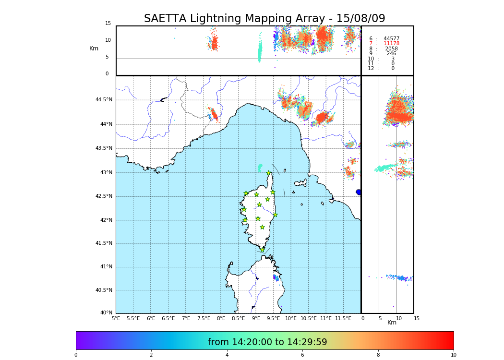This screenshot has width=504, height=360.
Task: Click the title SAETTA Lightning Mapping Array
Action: coord(264,19)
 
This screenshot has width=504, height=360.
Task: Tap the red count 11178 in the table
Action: coord(391,44)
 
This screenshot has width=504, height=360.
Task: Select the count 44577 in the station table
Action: coord(391,38)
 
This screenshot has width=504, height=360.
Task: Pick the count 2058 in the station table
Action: coord(391,49)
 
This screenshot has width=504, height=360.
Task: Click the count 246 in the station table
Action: coord(391,54)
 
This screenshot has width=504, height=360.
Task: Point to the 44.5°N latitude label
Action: coord(104,100)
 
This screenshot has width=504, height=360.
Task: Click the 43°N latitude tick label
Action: coord(106,172)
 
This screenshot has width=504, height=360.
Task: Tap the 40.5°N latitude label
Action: coord(104,290)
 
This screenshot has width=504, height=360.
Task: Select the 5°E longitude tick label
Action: coord(116,318)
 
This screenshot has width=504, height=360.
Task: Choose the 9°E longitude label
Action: coord(256,318)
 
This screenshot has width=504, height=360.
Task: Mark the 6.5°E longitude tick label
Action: coord(168,318)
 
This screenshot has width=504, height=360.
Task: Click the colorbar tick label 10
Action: coord(453,355)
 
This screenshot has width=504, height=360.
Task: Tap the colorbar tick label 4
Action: coord(227,355)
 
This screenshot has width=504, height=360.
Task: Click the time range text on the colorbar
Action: coord(267,342)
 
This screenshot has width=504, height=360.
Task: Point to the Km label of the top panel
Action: coord(94,48)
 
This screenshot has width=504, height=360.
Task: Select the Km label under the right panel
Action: coord(392,323)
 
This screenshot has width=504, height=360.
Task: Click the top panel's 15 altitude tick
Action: coord(108,24)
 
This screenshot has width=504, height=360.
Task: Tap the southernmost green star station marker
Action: coord(262,250)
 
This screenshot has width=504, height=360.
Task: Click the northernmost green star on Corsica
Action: coord(269,173)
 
